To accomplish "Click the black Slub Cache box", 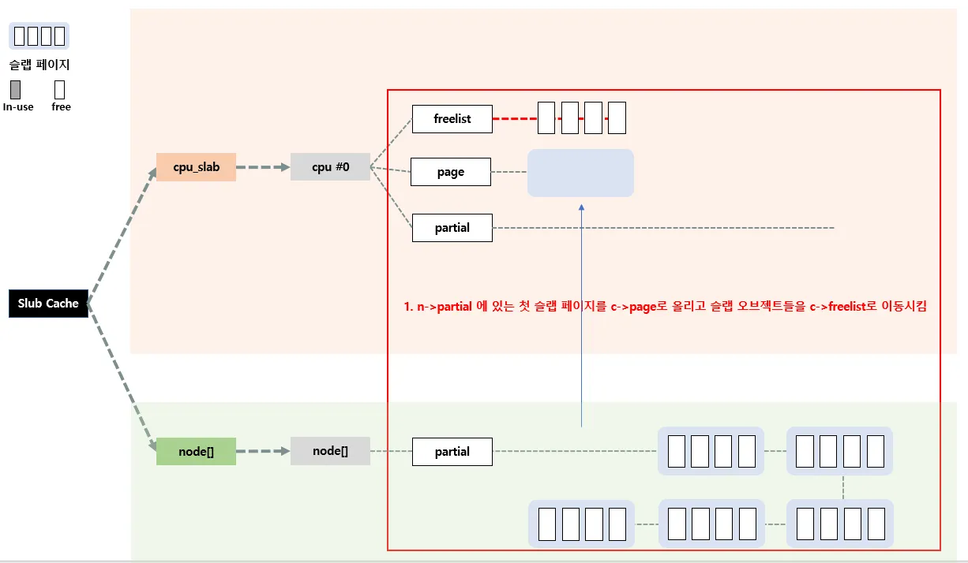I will pos(48,304).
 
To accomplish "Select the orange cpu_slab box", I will pos(196,167).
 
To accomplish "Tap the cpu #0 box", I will pos(330,167).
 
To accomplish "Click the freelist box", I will pos(452,119).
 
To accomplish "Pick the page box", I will pos(451,172).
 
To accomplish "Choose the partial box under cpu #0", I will pos(452,228).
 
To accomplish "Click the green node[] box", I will pos(196,451).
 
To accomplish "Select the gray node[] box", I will pos(330,451).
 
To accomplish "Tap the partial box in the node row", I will pos(452,452).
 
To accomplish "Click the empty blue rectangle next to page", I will pos(580,173).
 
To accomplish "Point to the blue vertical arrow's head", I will pos(581,207).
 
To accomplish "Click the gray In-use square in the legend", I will pos(16,90).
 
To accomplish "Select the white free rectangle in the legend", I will pos(60,90).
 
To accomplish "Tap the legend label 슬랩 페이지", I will pos(39,65).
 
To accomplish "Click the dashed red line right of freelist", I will pos(515,119).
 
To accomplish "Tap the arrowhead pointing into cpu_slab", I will pos(156,171).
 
